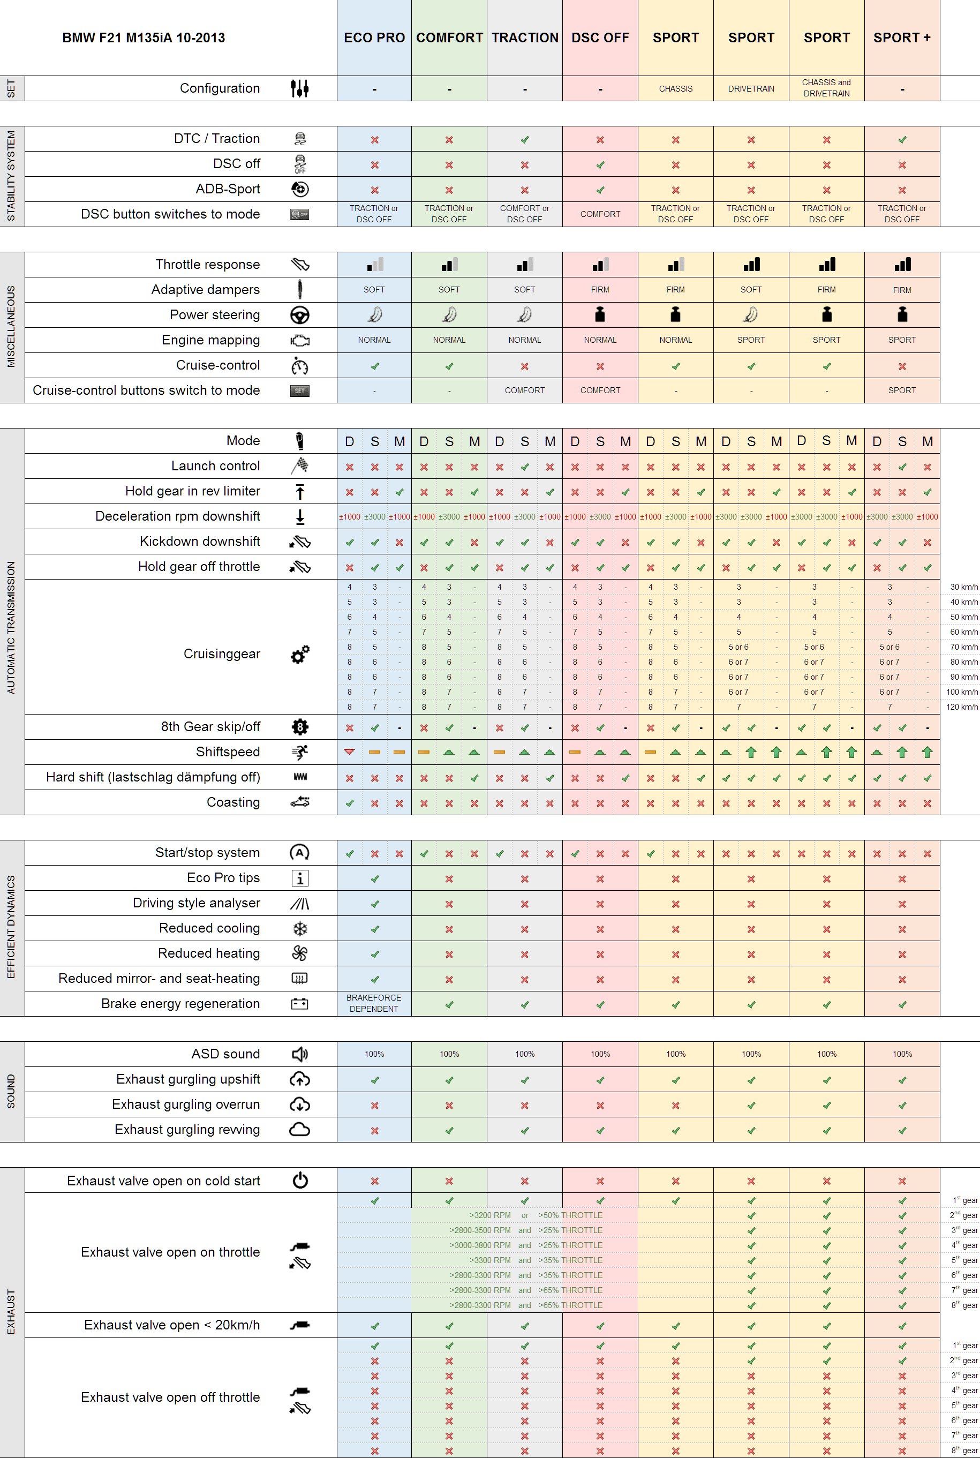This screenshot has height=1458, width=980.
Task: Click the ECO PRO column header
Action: pos(374,37)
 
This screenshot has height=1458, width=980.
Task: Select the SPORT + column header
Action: pos(901,37)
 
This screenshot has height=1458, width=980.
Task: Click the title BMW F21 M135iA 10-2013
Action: pos(143,37)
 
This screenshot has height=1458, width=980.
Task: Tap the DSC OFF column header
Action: pos(599,37)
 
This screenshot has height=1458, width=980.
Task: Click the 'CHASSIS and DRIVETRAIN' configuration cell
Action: pos(826,88)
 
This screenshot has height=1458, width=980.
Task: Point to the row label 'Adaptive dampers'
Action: pos(205,289)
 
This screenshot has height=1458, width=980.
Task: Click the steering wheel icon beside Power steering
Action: pos(300,315)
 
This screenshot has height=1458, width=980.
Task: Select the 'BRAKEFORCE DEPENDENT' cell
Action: pos(374,1003)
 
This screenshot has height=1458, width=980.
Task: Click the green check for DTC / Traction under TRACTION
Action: pos(524,139)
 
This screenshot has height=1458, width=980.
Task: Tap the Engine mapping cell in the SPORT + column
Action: pos(901,340)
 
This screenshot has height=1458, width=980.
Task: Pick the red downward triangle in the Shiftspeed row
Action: pos(349,752)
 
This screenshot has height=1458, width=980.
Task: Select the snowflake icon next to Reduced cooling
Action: pos(300,929)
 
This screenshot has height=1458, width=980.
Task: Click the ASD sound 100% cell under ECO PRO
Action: pos(374,1054)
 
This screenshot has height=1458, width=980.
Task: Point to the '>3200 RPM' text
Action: pos(490,1215)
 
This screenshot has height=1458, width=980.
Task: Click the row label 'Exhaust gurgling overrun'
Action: pos(186,1104)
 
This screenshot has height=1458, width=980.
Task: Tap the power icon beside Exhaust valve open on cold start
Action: pos(300,1180)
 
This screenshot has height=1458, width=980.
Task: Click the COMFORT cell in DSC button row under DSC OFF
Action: pos(599,214)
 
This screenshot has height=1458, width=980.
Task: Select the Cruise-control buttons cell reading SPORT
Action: pos(901,390)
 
